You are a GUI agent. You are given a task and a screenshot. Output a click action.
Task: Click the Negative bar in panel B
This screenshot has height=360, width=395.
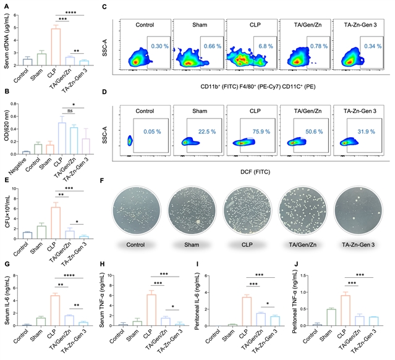click(x=26, y=152)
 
